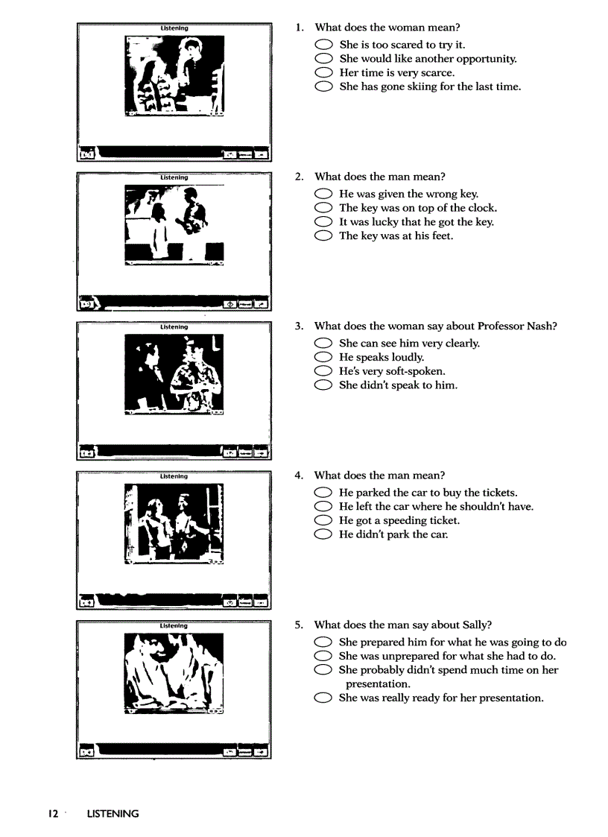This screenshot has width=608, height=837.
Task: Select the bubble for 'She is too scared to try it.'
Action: tap(323, 45)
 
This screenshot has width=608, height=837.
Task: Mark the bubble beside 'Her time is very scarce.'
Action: tap(323, 73)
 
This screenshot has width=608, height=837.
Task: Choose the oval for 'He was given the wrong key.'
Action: tap(323, 195)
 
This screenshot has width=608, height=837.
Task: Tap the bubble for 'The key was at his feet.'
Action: tap(323, 236)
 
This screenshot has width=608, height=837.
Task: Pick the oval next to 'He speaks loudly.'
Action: tap(323, 358)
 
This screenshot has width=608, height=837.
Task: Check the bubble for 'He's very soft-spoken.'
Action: tap(323, 371)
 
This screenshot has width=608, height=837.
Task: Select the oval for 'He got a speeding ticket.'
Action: tap(323, 521)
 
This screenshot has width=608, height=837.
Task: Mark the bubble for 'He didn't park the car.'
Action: tap(323, 534)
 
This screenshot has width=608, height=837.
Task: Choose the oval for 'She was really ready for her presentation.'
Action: tap(323, 698)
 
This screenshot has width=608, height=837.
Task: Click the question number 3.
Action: tap(299, 326)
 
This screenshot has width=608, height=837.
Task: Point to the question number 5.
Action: tap(299, 625)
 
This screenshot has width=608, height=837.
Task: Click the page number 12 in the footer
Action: tap(54, 814)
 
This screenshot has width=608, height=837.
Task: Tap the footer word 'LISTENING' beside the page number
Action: tap(113, 814)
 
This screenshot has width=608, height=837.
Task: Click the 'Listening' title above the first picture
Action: tap(174, 28)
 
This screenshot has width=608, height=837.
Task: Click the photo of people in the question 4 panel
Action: tap(174, 523)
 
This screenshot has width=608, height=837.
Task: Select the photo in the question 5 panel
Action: tap(174, 673)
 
